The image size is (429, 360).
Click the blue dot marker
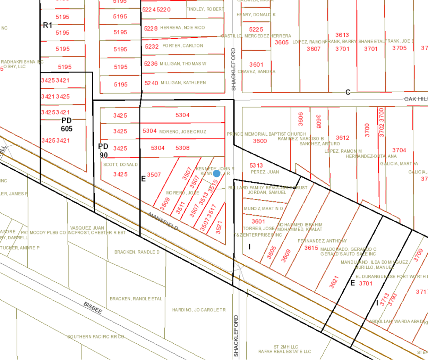point(216,173)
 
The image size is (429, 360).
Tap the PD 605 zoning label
point(66,124)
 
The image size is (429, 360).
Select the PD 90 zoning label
point(103,150)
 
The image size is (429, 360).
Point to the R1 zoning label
point(47,25)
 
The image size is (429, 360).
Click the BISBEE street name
point(93,308)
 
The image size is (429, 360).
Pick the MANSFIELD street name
point(163,222)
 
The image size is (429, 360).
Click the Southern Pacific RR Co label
point(96,337)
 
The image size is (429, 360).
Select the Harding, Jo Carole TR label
point(199,310)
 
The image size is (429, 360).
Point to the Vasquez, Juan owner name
point(92,228)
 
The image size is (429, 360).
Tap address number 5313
point(256,165)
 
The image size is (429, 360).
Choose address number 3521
point(219,227)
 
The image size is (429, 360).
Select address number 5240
point(151,83)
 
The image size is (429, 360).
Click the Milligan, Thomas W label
point(183,64)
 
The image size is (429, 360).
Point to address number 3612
point(342,137)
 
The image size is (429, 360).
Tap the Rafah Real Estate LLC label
point(291,352)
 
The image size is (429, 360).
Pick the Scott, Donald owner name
point(120,165)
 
